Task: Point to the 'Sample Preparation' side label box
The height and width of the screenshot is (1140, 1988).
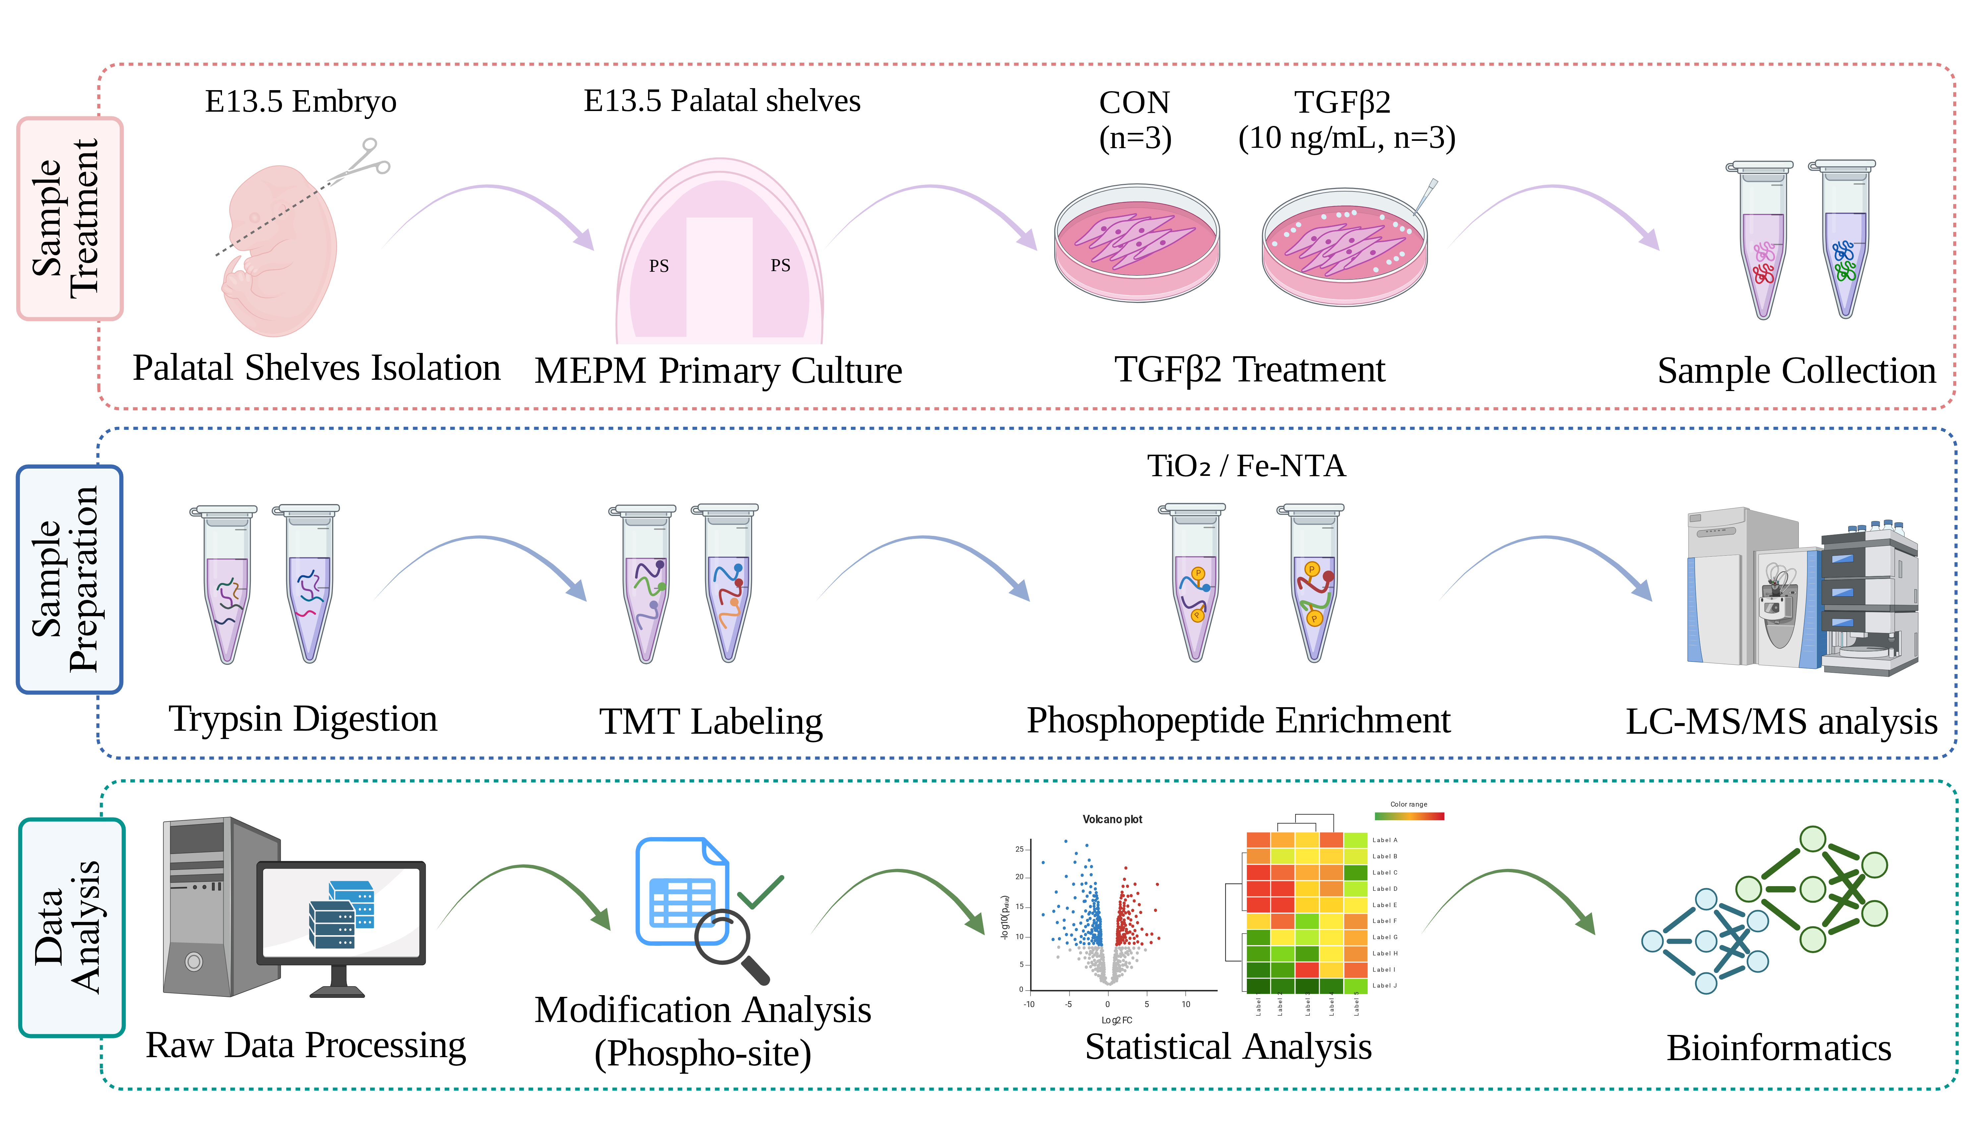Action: (70, 579)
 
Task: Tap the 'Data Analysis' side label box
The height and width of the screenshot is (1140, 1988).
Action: (71, 928)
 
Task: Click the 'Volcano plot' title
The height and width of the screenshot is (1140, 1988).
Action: (1112, 819)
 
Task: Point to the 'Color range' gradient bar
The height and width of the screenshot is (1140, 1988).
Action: (1409, 816)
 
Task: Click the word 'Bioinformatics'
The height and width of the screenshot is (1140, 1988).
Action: (1778, 1048)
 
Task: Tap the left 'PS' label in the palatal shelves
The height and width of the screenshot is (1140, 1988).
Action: (659, 266)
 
